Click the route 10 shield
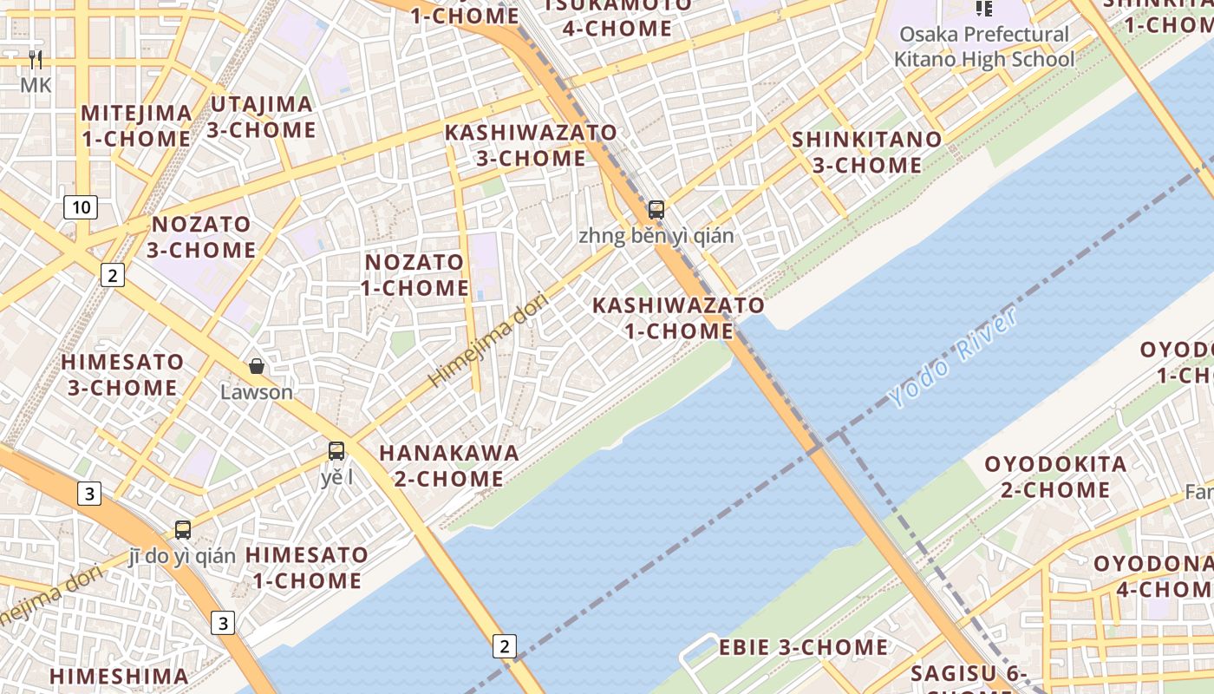coord(81,207)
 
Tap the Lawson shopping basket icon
coord(257,366)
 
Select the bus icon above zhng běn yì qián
coord(656,209)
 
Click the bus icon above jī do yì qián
coord(182,529)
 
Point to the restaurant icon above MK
coord(36,59)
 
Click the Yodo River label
coord(953,357)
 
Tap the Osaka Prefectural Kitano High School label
coord(983,47)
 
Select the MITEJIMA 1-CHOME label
coord(136,126)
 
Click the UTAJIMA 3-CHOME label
coord(261,117)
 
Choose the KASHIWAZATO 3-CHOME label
coord(531,146)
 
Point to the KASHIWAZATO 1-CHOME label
coord(678,318)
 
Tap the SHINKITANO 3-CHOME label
coord(866,152)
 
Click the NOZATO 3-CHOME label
coord(201,237)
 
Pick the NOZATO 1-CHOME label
coord(414,275)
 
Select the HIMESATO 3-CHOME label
coord(122,375)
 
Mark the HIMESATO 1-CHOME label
coord(306,567)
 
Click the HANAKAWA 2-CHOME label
coord(449,466)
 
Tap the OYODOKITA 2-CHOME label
coord(1055,477)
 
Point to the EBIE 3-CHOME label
coord(803,647)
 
